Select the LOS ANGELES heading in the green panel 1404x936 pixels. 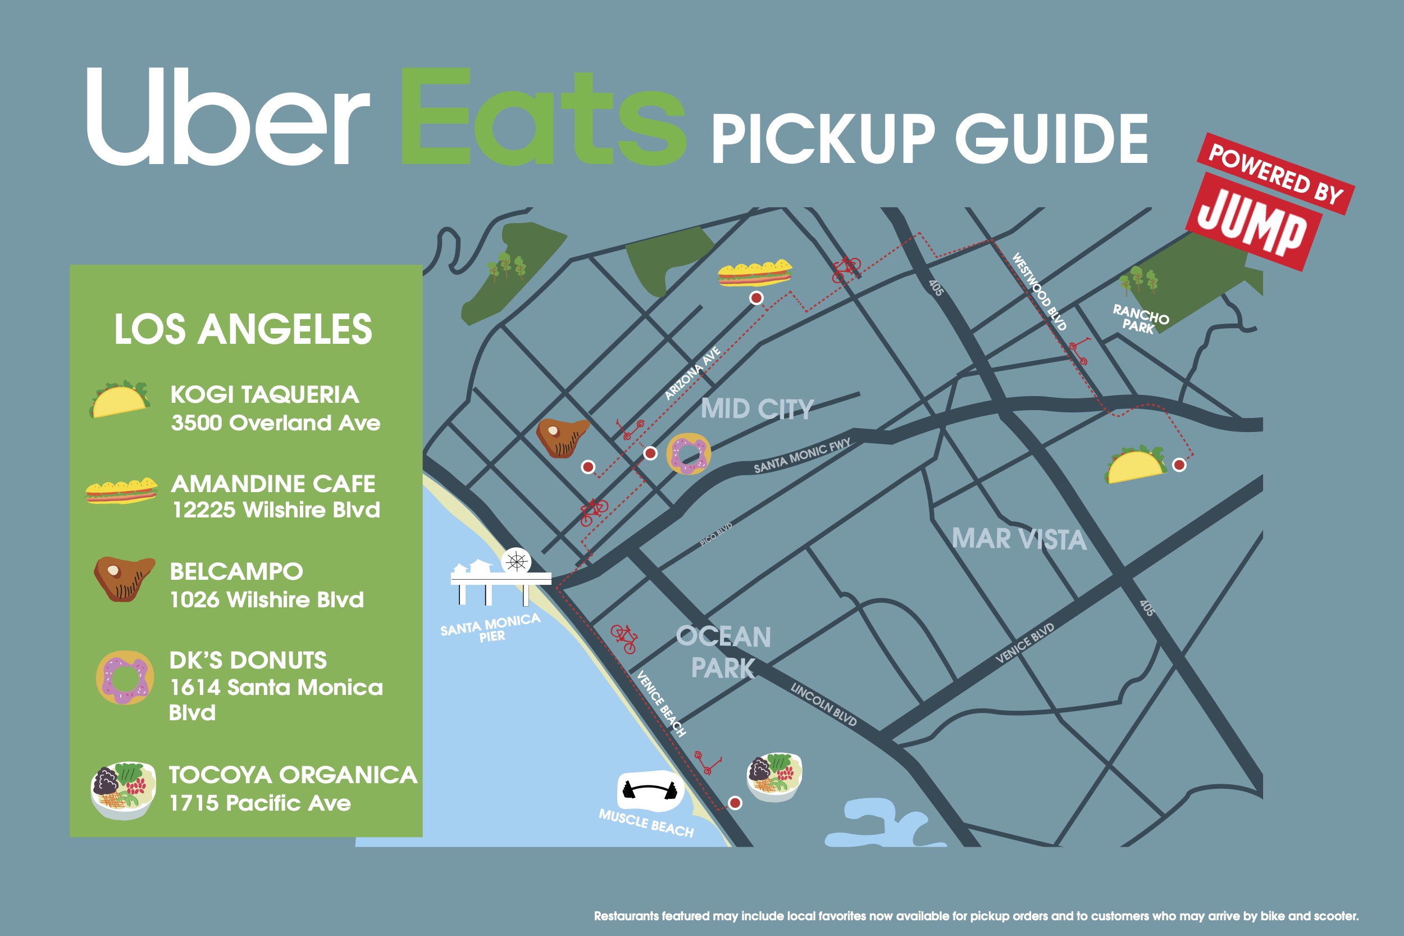click(x=243, y=329)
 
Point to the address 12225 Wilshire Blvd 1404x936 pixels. click(x=276, y=510)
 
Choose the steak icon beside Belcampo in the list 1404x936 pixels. click(x=124, y=578)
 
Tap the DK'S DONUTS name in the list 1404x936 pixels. click(x=248, y=660)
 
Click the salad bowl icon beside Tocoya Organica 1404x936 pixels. click(x=124, y=790)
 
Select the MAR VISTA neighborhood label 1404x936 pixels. click(x=1019, y=539)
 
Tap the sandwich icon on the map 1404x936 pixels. click(x=755, y=274)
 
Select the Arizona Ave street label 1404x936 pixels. click(x=692, y=373)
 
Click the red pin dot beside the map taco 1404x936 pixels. click(x=1179, y=465)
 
